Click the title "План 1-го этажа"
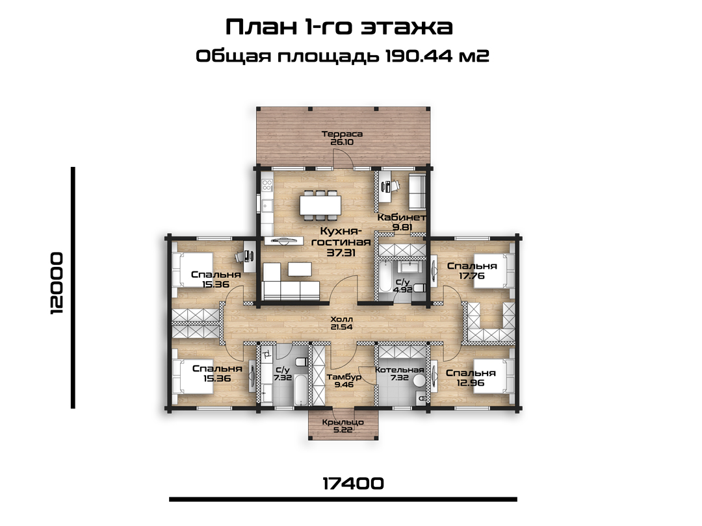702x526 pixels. coord(339,27)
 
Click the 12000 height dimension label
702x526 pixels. coord(57,283)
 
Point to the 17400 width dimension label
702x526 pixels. coord(353,483)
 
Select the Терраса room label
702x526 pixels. coord(342,134)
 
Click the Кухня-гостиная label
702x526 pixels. coord(341,236)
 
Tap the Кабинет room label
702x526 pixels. coord(402,218)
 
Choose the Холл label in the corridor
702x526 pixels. coord(342,319)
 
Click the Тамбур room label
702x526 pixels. coord(344,377)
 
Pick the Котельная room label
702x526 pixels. coord(399,370)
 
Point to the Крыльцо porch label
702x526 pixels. coord(343,422)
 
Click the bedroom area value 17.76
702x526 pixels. coord(472,275)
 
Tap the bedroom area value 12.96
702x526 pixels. coord(471,382)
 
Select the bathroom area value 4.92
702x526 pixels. coord(402,290)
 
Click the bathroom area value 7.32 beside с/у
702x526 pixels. coord(283,377)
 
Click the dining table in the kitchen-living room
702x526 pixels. coord(320,205)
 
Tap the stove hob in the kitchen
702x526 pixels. coord(267,184)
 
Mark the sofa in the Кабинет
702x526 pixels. coord(417,192)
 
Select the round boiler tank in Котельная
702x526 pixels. coord(419,381)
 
